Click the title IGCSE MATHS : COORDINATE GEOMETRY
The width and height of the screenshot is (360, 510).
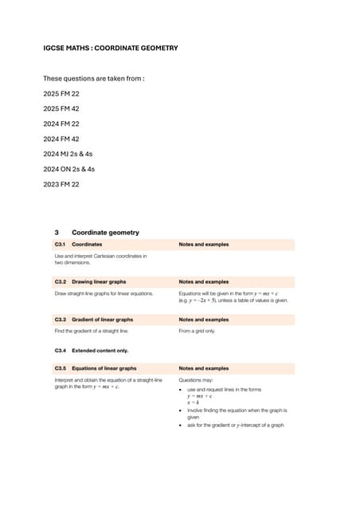[x=110, y=49]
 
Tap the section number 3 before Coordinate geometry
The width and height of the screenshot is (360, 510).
[x=57, y=233]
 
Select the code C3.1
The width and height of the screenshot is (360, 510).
[x=60, y=244]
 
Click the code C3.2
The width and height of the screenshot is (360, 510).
[x=60, y=281]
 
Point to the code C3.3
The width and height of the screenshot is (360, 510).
[x=60, y=320]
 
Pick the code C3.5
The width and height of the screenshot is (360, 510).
[x=60, y=369]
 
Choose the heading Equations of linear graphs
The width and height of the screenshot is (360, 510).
[x=104, y=369]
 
